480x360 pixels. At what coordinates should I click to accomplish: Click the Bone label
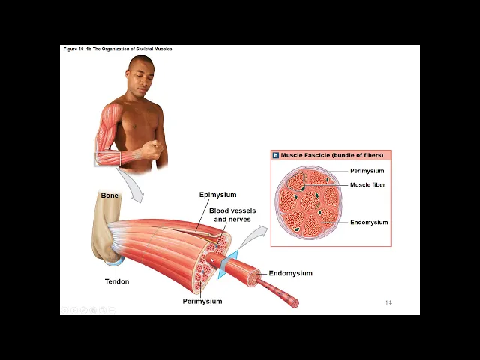click(x=109, y=196)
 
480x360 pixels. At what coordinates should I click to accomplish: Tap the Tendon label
click(x=117, y=281)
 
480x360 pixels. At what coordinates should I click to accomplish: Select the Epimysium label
click(x=217, y=195)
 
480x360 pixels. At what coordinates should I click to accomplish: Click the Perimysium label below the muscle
click(x=202, y=301)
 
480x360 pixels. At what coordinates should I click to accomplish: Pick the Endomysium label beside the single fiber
click(x=290, y=273)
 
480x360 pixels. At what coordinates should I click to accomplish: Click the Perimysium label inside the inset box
click(x=367, y=171)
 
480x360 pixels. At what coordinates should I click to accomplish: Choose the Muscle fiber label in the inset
click(x=367, y=184)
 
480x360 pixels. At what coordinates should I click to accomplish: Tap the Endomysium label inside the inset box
click(x=369, y=222)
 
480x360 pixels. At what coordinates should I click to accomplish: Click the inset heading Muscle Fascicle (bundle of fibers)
click(x=331, y=155)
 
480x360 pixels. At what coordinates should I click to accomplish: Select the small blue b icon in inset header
click(x=276, y=155)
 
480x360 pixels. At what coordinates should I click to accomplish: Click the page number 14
click(x=388, y=302)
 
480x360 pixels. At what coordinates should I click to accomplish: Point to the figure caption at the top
click(x=118, y=49)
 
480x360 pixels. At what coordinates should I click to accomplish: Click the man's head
click(x=140, y=77)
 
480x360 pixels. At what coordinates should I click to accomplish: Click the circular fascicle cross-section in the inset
click(x=308, y=202)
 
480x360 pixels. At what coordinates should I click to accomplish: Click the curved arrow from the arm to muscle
click(x=132, y=186)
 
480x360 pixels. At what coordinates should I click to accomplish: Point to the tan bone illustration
click(x=104, y=229)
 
